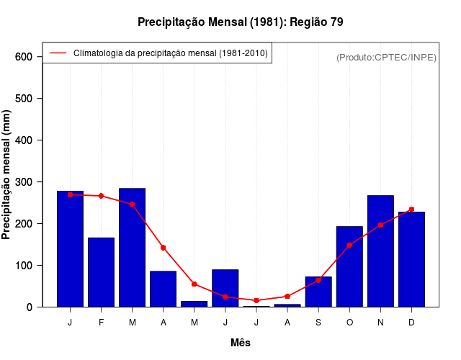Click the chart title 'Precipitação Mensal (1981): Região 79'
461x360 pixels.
pyautogui.click(x=241, y=22)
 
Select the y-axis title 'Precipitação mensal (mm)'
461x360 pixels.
pyautogui.click(x=6, y=175)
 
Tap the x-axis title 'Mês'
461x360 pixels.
pyautogui.click(x=241, y=343)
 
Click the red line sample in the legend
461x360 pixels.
pyautogui.click(x=58, y=53)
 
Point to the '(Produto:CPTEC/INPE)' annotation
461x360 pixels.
pyautogui.click(x=386, y=57)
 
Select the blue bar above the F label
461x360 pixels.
pyautogui.click(x=102, y=272)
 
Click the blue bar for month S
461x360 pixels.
pyautogui.click(x=318, y=292)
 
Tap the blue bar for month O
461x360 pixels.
pyautogui.click(x=349, y=266)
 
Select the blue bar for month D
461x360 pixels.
pyautogui.click(x=411, y=259)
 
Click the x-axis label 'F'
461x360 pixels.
pyautogui.click(x=102, y=323)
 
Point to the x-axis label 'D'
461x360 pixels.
pyautogui.click(x=411, y=323)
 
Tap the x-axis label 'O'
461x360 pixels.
pyautogui.click(x=349, y=323)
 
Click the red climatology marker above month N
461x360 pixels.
pyautogui.click(x=380, y=225)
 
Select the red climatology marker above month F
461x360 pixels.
pyautogui.click(x=102, y=196)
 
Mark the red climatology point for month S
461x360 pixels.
pyautogui.click(x=318, y=280)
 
